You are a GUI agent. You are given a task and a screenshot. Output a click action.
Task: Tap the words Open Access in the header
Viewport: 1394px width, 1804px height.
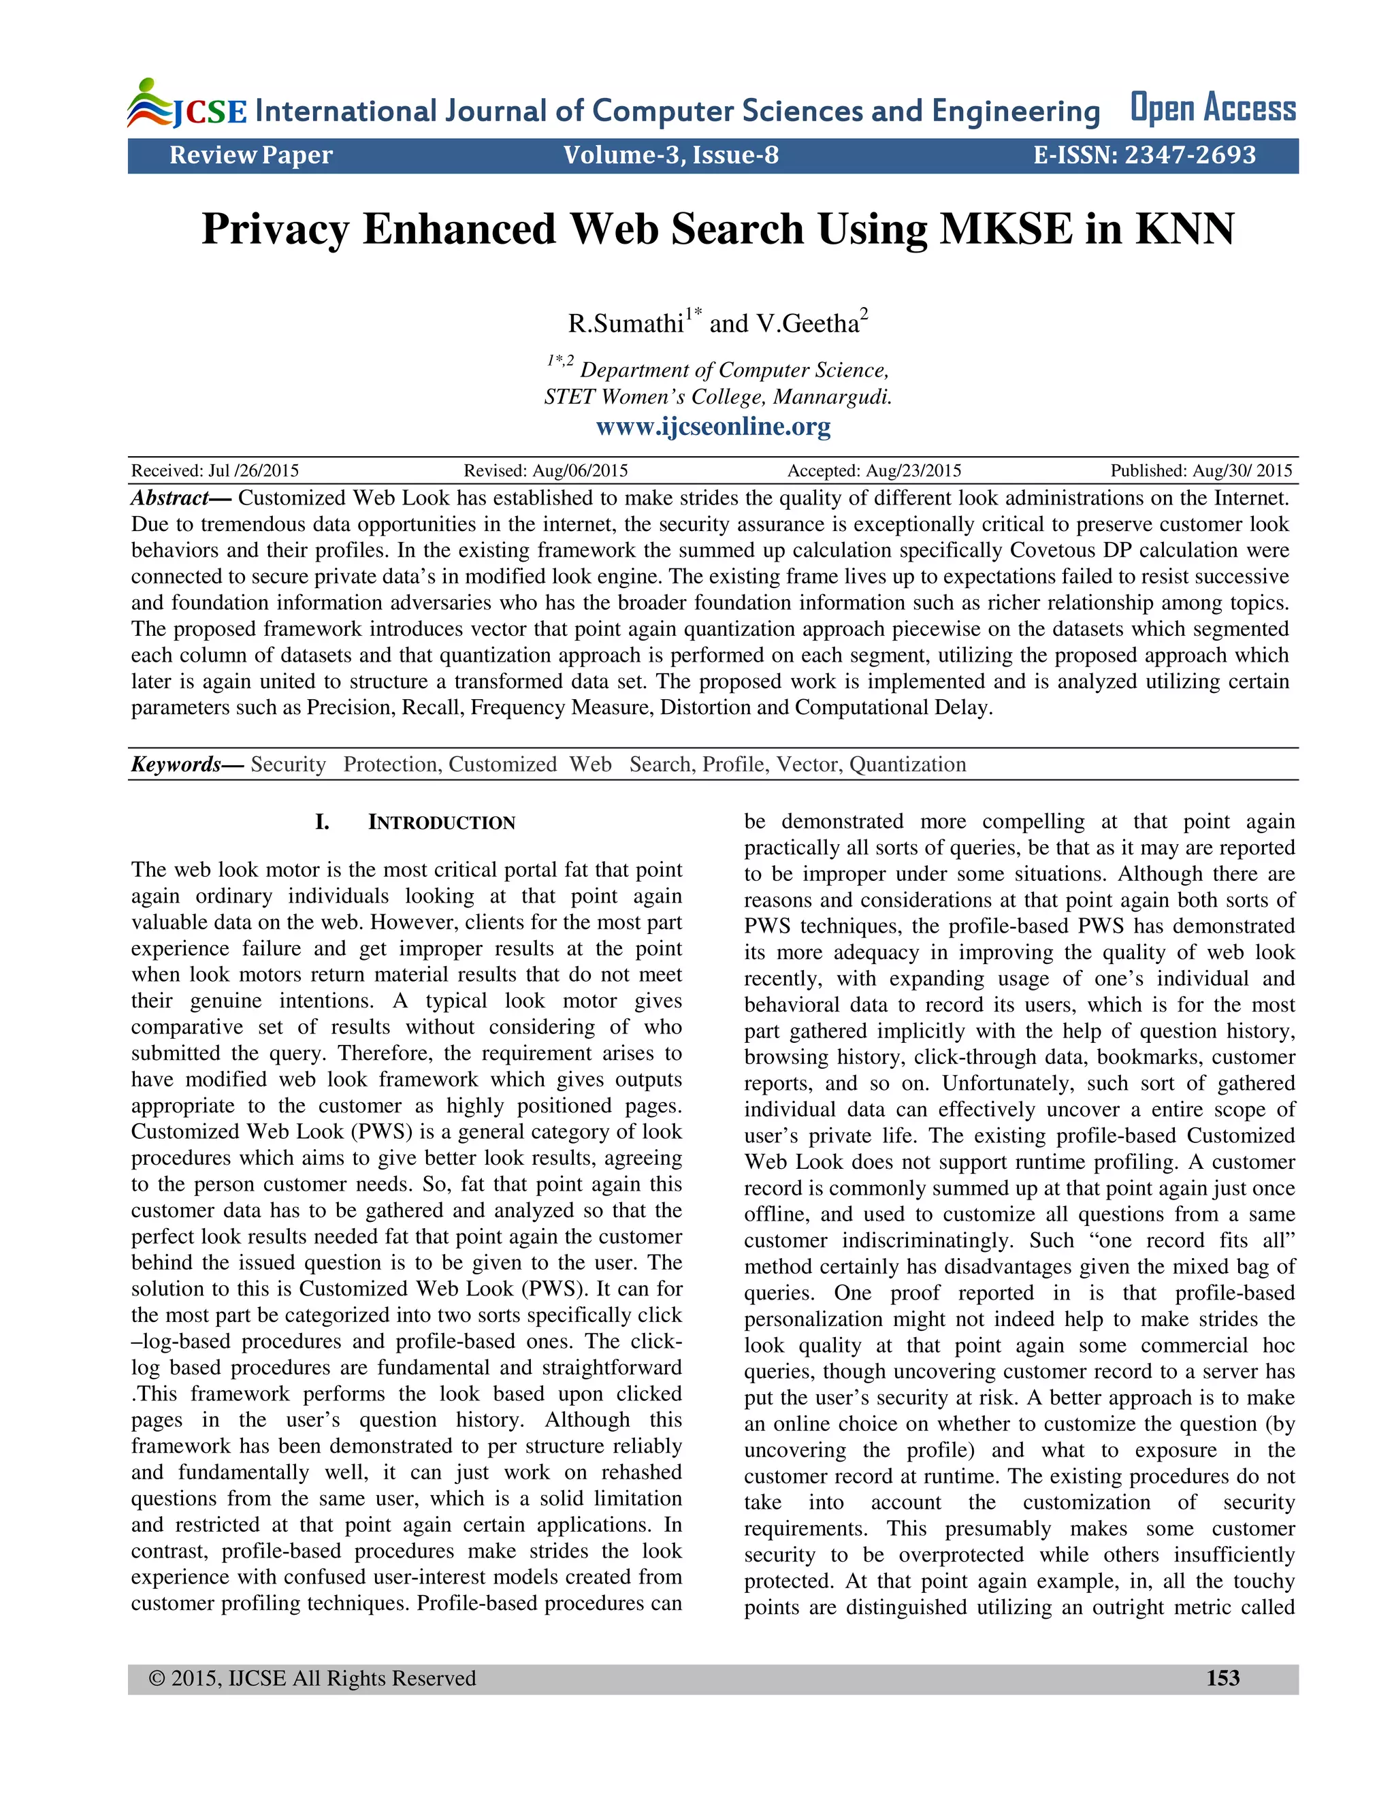tap(1212, 108)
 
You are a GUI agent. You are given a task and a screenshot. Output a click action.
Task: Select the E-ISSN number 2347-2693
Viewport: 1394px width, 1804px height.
tap(1189, 155)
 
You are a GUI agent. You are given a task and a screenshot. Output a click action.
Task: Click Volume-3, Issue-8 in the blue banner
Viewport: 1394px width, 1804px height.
tap(670, 155)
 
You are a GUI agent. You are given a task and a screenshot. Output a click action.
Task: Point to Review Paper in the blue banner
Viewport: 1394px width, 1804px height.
tap(251, 155)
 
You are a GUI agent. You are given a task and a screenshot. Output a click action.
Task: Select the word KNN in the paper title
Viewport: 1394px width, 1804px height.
tap(1184, 229)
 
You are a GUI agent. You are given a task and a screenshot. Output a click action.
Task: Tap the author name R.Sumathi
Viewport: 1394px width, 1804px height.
tap(625, 323)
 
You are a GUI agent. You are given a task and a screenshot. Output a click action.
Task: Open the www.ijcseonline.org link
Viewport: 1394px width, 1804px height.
tap(713, 426)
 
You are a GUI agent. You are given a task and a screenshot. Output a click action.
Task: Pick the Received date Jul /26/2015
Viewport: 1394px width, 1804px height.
tap(253, 471)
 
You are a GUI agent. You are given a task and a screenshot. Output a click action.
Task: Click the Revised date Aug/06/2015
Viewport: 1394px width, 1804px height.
tap(580, 471)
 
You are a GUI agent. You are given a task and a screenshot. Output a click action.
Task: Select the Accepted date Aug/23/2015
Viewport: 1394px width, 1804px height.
tap(913, 471)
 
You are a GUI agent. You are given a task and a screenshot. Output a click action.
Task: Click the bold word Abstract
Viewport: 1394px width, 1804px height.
tap(169, 498)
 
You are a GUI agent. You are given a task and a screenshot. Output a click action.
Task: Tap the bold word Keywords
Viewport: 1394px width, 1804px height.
tap(176, 764)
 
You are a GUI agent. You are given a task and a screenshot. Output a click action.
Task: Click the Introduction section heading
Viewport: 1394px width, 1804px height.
tap(441, 823)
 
